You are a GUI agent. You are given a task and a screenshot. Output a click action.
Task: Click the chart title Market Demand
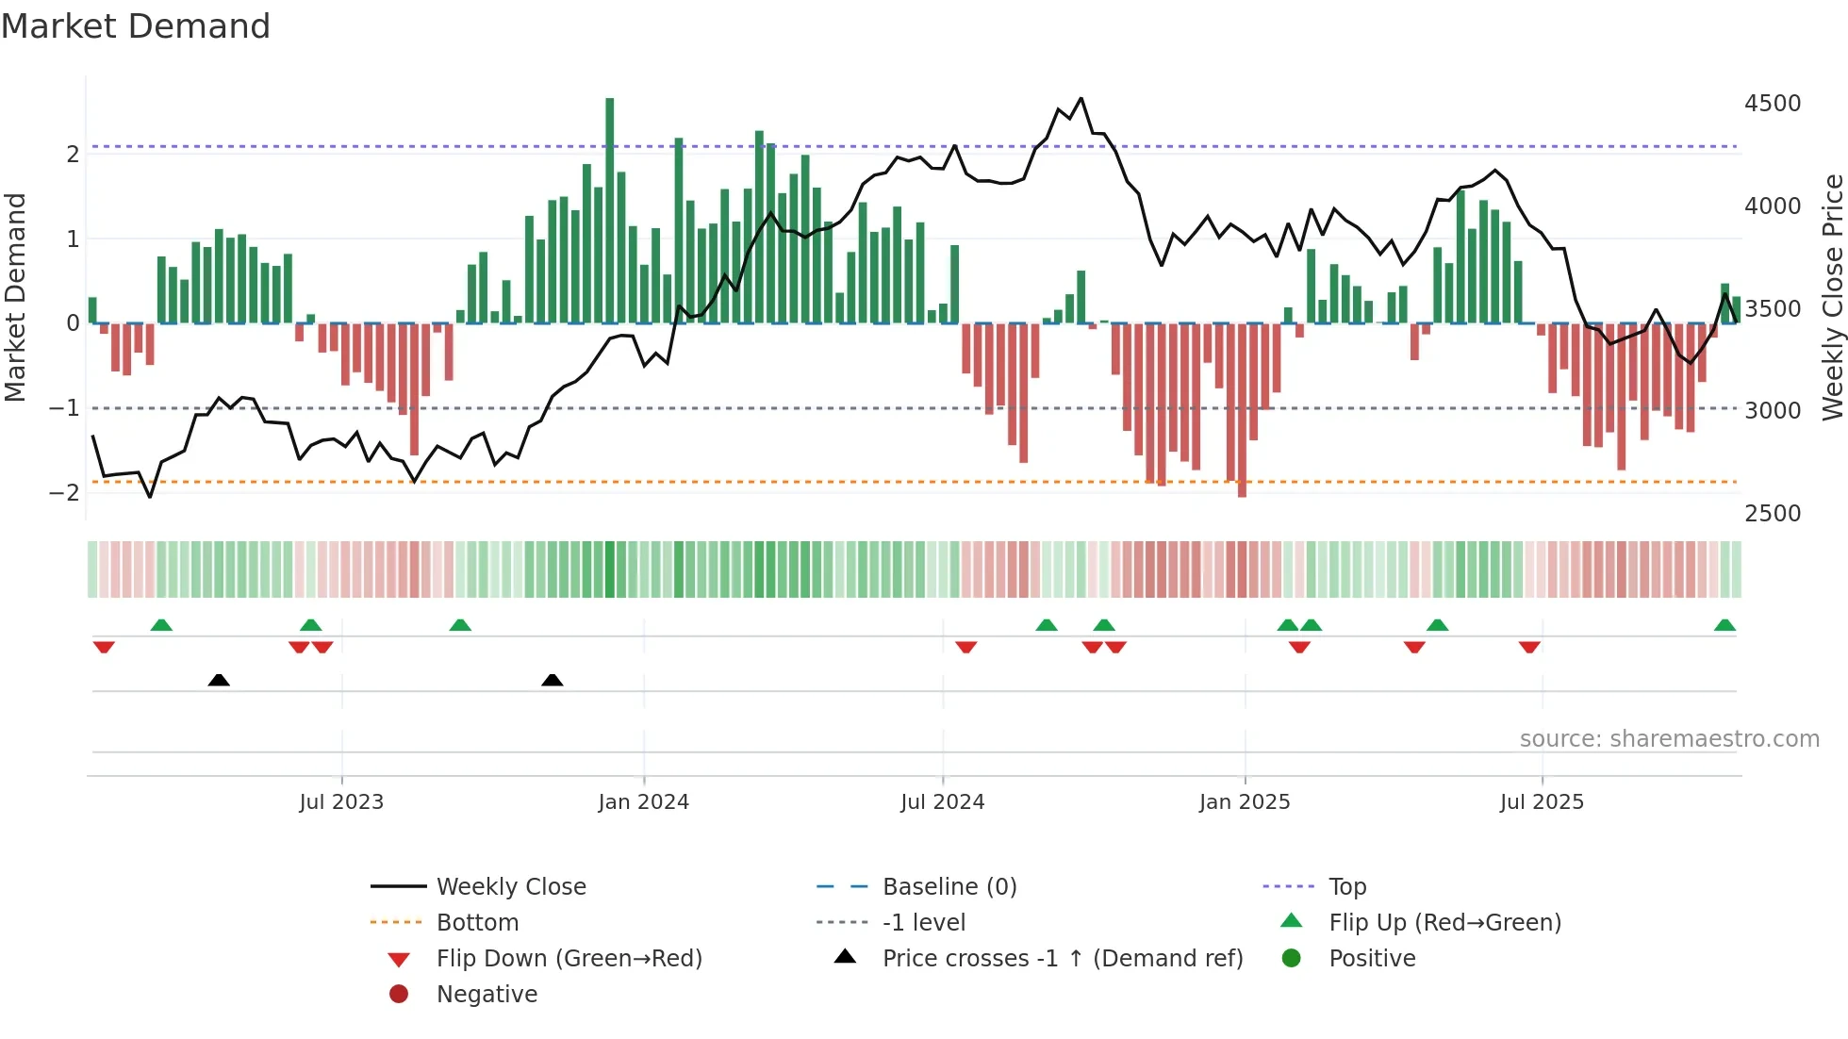pos(136,26)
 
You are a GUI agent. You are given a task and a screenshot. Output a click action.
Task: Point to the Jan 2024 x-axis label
pos(643,802)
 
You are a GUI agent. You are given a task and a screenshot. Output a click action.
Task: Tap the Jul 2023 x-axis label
pos(341,802)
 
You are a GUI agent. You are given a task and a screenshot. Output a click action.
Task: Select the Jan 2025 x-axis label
pos(1245,802)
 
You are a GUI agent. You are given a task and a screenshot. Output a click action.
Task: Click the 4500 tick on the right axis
pos(1773,104)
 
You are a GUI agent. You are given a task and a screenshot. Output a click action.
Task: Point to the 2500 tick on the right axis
pos(1773,514)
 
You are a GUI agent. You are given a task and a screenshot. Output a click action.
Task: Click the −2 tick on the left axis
pos(64,493)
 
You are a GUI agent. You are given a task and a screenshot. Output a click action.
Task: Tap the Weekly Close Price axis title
pos(1832,297)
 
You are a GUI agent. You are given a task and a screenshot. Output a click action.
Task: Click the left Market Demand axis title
pos(15,297)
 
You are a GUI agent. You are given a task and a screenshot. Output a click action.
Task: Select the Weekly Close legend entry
pos(510,887)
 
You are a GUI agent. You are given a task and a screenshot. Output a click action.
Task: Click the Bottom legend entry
pos(477,923)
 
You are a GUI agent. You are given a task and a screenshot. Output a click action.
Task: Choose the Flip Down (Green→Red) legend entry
pos(569,959)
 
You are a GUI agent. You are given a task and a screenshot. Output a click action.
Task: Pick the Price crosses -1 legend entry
pos(1062,959)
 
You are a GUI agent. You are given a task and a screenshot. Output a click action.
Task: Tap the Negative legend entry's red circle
pos(399,995)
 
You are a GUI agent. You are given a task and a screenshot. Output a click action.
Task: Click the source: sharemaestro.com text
pos(1669,739)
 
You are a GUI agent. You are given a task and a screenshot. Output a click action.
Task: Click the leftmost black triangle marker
pos(219,680)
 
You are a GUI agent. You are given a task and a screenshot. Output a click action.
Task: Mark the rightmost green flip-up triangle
pos(1724,625)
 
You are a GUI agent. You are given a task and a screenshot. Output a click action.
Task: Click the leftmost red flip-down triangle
pos(104,647)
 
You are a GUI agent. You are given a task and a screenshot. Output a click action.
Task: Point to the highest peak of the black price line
pos(1081,98)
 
